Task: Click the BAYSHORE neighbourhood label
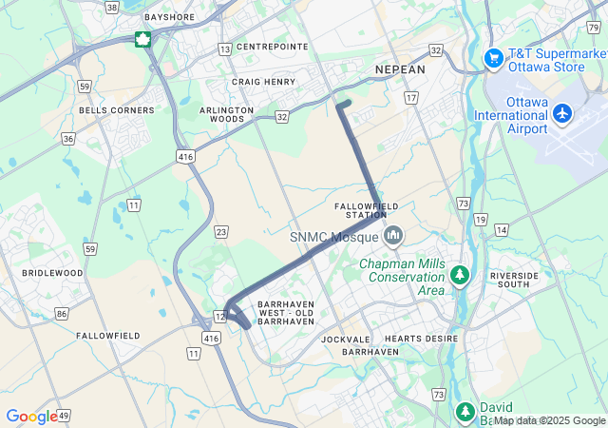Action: [x=168, y=17]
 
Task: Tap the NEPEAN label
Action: [x=400, y=70]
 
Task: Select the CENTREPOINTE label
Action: [x=272, y=47]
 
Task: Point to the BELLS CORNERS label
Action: [x=117, y=110]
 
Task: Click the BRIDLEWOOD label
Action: [x=52, y=273]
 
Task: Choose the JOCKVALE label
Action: [x=346, y=339]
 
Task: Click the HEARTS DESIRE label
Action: [x=421, y=339]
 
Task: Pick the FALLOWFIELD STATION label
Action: [x=367, y=211]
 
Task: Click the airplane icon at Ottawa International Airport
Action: [x=562, y=114]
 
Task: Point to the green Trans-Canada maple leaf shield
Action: [x=142, y=39]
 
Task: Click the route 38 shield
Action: [x=112, y=8]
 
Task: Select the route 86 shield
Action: [x=62, y=313]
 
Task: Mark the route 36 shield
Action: [x=68, y=139]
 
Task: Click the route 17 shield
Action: [x=410, y=98]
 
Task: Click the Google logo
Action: [x=30, y=417]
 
